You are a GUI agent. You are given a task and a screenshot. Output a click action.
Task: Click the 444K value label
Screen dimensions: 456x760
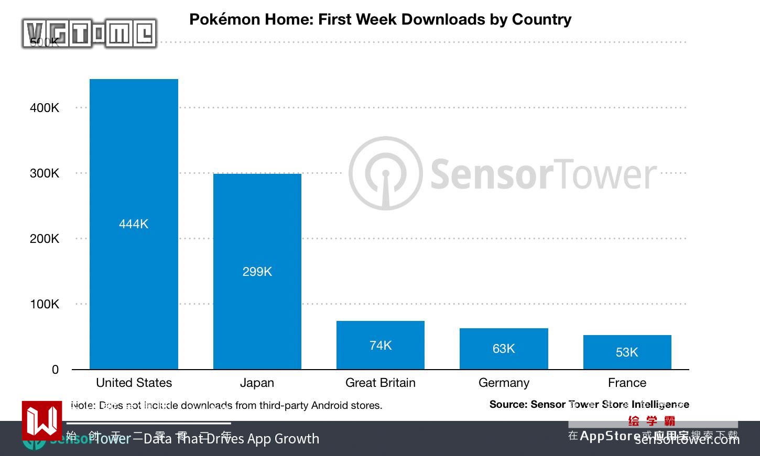click(x=134, y=224)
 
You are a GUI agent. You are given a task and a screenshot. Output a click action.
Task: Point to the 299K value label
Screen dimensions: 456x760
click(x=257, y=272)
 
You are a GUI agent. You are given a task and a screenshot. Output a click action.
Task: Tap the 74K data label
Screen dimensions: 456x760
click(x=380, y=346)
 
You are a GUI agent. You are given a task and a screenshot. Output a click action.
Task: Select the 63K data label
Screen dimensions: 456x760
click(x=504, y=349)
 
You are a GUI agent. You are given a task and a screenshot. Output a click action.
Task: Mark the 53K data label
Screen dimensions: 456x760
click(x=627, y=352)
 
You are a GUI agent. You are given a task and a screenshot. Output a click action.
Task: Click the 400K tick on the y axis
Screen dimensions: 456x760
click(x=45, y=108)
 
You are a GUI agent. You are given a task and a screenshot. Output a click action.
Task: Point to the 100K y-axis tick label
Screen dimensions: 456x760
click(x=45, y=304)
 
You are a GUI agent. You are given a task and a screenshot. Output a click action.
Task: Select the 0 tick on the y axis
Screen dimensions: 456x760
click(x=55, y=370)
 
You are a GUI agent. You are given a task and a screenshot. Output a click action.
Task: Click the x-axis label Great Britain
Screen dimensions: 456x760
click(x=380, y=383)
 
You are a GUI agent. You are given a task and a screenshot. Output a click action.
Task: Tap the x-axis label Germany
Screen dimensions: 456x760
click(x=504, y=383)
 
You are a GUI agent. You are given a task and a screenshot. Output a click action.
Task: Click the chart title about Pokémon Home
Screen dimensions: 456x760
click(x=380, y=19)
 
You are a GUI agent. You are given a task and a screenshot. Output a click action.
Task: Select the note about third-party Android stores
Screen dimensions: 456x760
click(x=226, y=405)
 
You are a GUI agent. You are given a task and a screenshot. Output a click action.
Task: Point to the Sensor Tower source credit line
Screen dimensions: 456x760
click(x=589, y=404)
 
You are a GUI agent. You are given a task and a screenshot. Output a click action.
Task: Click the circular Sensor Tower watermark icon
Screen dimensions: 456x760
click(x=385, y=173)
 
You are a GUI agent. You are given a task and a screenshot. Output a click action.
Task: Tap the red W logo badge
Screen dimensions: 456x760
click(x=41, y=420)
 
